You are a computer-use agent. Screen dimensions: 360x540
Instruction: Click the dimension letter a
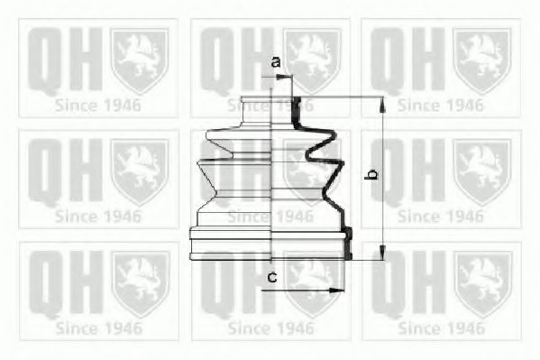pyautogui.click(x=276, y=62)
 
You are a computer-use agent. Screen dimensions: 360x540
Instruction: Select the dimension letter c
pyautogui.click(x=272, y=277)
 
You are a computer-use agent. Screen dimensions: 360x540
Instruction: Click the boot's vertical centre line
pyautogui.click(x=270, y=180)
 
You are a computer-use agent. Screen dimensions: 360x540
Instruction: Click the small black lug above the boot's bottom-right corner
pyautogui.click(x=348, y=235)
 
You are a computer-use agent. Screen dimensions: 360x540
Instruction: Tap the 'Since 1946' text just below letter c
pyautogui.click(x=270, y=328)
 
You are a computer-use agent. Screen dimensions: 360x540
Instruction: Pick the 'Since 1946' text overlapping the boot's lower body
pyautogui.click(x=270, y=216)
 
